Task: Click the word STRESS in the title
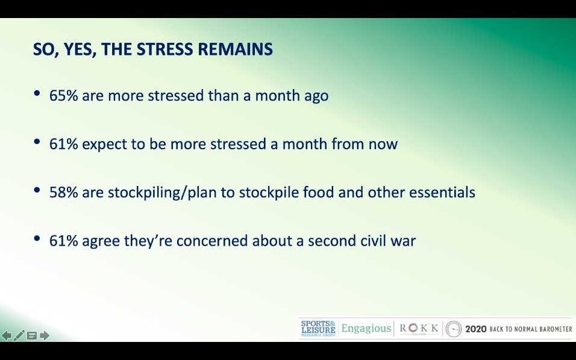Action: (x=164, y=49)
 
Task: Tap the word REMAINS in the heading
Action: (x=235, y=49)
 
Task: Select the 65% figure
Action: (x=63, y=95)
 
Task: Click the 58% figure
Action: (x=63, y=192)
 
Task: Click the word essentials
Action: (x=442, y=192)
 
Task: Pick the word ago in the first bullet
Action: (x=316, y=96)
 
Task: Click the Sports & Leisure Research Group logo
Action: (x=318, y=329)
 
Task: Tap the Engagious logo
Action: (x=366, y=329)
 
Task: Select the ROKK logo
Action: (x=419, y=328)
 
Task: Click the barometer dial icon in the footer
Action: (x=454, y=329)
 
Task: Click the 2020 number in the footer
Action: (x=476, y=329)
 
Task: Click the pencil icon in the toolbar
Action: (x=19, y=335)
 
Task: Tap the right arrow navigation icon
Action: (x=45, y=335)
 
